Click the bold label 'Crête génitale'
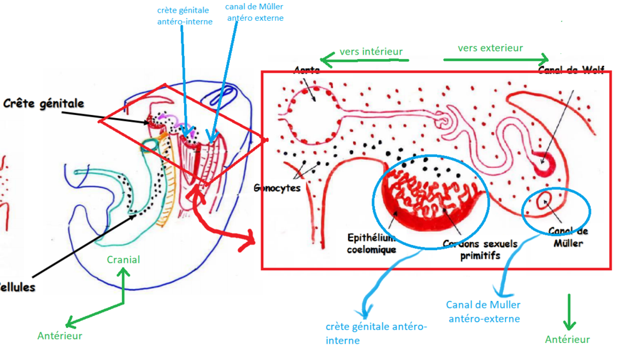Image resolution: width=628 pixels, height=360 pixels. click(43, 103)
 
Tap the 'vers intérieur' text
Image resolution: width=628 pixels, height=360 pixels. click(371, 52)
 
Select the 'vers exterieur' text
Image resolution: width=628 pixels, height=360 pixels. click(490, 48)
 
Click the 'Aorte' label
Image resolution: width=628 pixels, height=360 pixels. click(306, 71)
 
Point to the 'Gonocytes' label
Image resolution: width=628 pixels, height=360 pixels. click(278, 187)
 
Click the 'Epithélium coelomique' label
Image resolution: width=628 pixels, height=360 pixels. click(371, 243)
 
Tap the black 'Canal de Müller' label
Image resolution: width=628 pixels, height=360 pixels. click(568, 237)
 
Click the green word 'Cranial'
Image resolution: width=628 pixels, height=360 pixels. click(123, 259)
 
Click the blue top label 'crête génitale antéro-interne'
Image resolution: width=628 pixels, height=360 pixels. click(185, 16)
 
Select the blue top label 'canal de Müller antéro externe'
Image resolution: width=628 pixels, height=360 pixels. click(254, 13)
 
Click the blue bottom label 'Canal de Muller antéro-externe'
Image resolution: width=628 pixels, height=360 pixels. click(483, 312)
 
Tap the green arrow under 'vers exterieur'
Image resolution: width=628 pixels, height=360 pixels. click(495, 60)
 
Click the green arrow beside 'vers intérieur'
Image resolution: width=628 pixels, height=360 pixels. click(364, 61)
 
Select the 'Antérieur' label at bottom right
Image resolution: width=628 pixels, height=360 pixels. click(567, 339)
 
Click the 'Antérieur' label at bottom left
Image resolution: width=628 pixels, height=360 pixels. click(60, 335)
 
